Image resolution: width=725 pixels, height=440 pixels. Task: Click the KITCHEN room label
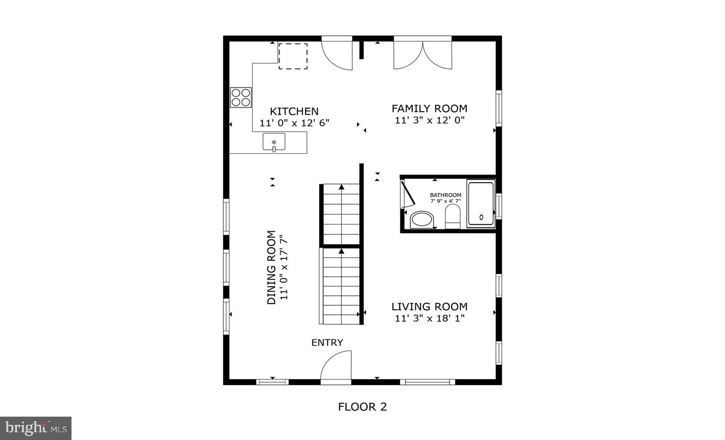pos(294,112)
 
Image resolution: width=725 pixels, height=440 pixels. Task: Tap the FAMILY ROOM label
pos(429,108)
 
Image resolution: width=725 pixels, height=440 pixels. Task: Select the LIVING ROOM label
pos(429,306)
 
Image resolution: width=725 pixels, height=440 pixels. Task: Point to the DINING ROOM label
pos(271,267)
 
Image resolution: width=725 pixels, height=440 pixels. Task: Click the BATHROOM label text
pos(445,195)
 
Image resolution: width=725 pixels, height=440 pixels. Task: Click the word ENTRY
pos(327,342)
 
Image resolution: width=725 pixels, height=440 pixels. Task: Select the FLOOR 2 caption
pos(362,407)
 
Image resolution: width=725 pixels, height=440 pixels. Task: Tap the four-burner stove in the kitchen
pos(241,97)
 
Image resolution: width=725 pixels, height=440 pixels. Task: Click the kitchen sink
pos(274,142)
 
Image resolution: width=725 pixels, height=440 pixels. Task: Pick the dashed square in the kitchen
pos(293,56)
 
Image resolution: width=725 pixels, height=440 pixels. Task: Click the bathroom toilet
pos(453,216)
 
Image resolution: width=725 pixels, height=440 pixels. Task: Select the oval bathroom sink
pos(422,220)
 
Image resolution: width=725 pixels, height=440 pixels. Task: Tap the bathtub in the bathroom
pos(481,204)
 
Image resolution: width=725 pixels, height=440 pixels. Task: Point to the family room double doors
pos(423,54)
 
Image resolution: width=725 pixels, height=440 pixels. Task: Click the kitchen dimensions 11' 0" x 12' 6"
pos(294,123)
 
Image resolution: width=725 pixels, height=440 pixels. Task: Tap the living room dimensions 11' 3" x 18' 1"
pos(429,318)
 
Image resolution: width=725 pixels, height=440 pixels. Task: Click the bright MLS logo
pos(35,428)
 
